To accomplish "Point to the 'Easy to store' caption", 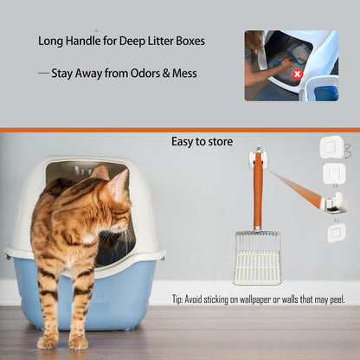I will coord(202,141).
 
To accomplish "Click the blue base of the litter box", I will coord(130,294).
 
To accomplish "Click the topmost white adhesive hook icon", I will coord(331,146).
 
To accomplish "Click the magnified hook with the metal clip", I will coord(333,203).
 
